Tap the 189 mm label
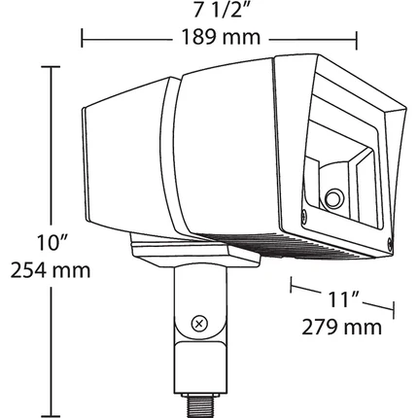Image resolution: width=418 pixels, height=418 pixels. click(x=221, y=37)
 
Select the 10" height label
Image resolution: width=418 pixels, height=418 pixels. click(x=52, y=242)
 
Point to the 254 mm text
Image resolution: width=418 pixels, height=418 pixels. click(x=51, y=270)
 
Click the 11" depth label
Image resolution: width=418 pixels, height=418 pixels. click(x=344, y=299)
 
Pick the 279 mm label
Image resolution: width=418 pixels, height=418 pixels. click(x=342, y=327)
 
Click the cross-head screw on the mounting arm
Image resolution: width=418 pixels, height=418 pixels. click(x=199, y=324)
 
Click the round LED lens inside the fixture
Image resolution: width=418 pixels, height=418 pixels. click(x=334, y=197)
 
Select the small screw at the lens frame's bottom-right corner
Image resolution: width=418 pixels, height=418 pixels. click(x=390, y=241)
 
